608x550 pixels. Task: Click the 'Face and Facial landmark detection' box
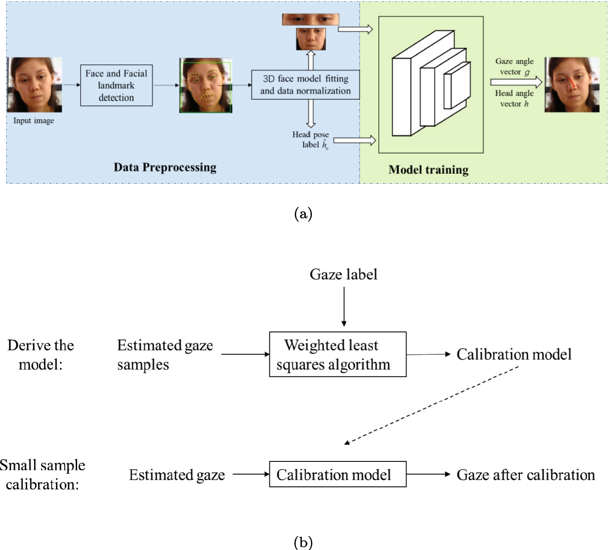tap(117, 86)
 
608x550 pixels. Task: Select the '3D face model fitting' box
tap(305, 85)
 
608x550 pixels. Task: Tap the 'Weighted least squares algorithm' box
tap(338, 354)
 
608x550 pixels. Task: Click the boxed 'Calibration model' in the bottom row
tap(338, 475)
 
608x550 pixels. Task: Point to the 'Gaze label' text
tap(343, 275)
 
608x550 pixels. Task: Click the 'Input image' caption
tap(34, 121)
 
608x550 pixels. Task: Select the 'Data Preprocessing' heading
tap(165, 167)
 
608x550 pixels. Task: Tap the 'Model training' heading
tap(428, 170)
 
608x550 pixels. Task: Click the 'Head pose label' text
tap(311, 140)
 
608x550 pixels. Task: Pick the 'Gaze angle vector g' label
tap(515, 67)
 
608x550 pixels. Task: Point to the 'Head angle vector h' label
tap(515, 99)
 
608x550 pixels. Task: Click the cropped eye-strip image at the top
tap(311, 20)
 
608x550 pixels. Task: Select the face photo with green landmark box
tap(205, 86)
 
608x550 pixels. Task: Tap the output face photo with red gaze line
tap(572, 85)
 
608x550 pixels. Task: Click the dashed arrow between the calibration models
tap(431, 405)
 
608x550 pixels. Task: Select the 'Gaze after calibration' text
tap(526, 475)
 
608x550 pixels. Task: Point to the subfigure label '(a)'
tap(304, 214)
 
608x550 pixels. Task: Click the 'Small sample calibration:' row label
tap(42, 475)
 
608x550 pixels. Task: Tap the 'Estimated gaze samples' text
tap(165, 355)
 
